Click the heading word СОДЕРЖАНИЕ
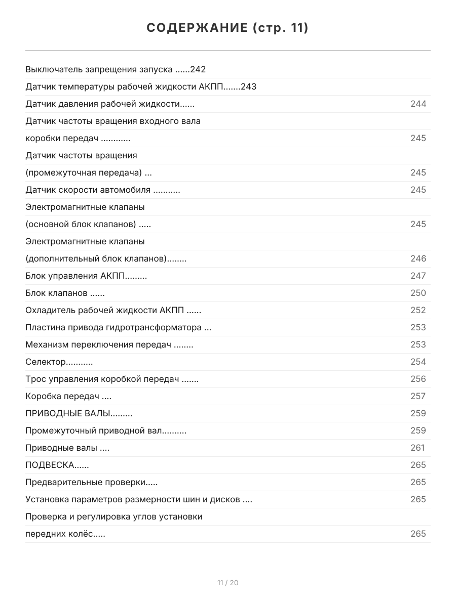pyautogui.click(x=197, y=28)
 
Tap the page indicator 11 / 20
pyautogui.click(x=228, y=583)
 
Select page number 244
pyautogui.click(x=418, y=104)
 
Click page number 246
pyautogui.click(x=418, y=259)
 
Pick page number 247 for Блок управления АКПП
pyautogui.click(x=418, y=276)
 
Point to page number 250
pyautogui.click(x=418, y=293)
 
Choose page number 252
pyautogui.click(x=418, y=311)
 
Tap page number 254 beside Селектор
pyautogui.click(x=418, y=362)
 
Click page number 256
pyautogui.click(x=418, y=379)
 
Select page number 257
pyautogui.click(x=418, y=397)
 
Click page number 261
pyautogui.click(x=417, y=448)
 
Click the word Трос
pyautogui.click(x=35, y=379)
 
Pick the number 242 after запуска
pyautogui.click(x=198, y=70)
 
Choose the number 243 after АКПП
pyautogui.click(x=248, y=87)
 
